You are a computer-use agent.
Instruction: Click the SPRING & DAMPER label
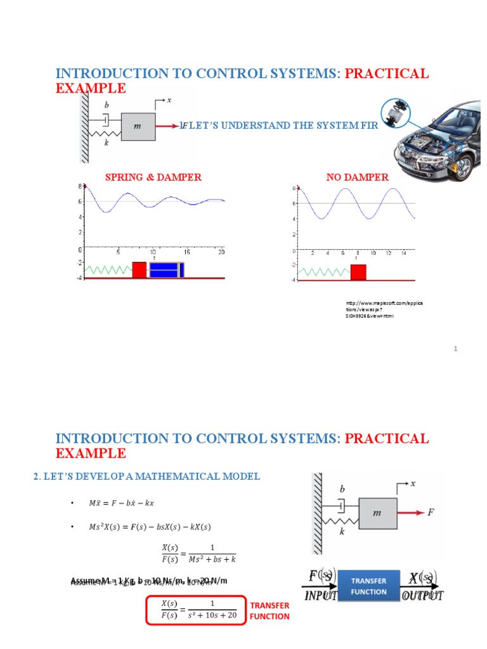point(153,177)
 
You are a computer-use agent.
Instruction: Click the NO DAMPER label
point(357,177)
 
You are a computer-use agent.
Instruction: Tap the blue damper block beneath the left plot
point(166,269)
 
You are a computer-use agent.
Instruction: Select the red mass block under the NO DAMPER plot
point(358,273)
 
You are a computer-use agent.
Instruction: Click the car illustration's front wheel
point(462,166)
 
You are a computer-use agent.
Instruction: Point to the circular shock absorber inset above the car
point(398,113)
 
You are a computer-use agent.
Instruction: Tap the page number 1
point(455,349)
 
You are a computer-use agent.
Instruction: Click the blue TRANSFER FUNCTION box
point(368,587)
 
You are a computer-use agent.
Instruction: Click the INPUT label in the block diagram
point(321,596)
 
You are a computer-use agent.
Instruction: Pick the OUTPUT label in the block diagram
point(423,596)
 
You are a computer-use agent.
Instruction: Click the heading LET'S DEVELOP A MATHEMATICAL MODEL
point(146,476)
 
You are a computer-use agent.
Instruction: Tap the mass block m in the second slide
point(378,513)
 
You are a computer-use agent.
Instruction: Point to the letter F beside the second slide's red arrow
point(431,512)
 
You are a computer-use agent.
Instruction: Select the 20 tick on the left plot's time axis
point(221,252)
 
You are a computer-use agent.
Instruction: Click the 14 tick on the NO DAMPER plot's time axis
point(404,253)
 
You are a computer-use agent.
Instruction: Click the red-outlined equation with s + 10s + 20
point(195,610)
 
